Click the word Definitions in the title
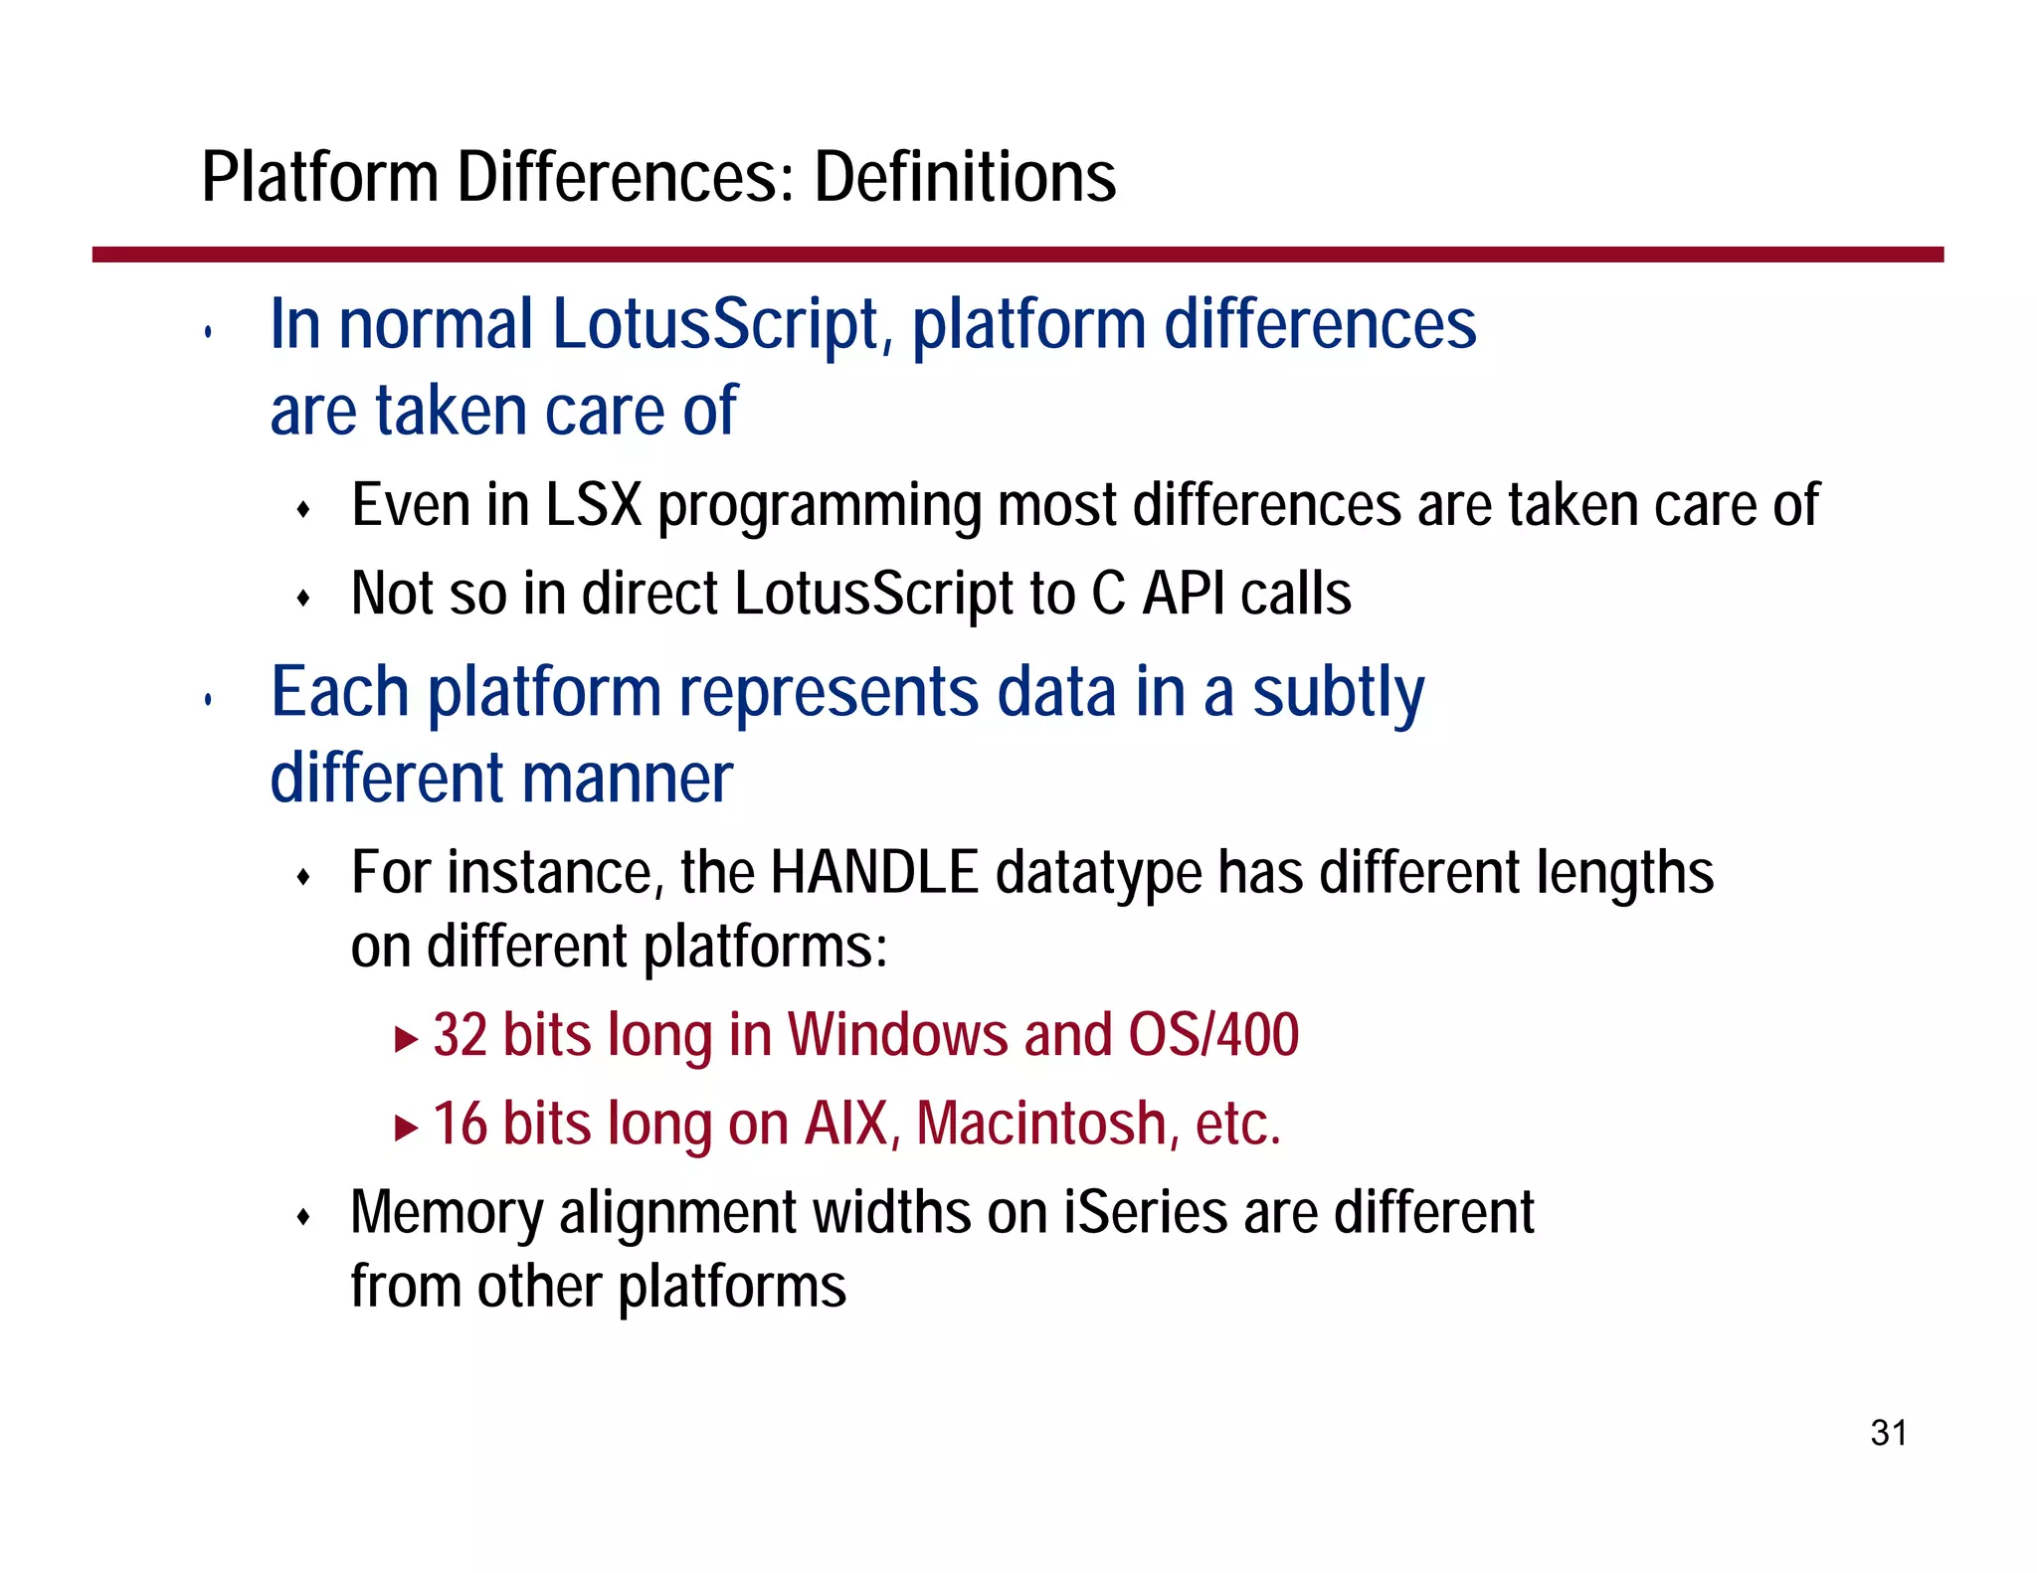[x=965, y=177]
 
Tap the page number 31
[x=1888, y=1433]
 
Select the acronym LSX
[x=594, y=505]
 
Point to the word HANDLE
[x=874, y=873]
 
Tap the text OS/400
[x=1213, y=1035]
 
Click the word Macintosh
[x=1040, y=1124]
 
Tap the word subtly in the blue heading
[x=1338, y=693]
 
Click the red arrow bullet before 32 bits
[x=405, y=1040]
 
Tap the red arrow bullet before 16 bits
[x=405, y=1129]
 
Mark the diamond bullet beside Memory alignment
[x=304, y=1216]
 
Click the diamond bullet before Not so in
[x=304, y=598]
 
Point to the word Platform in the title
[x=319, y=177]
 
